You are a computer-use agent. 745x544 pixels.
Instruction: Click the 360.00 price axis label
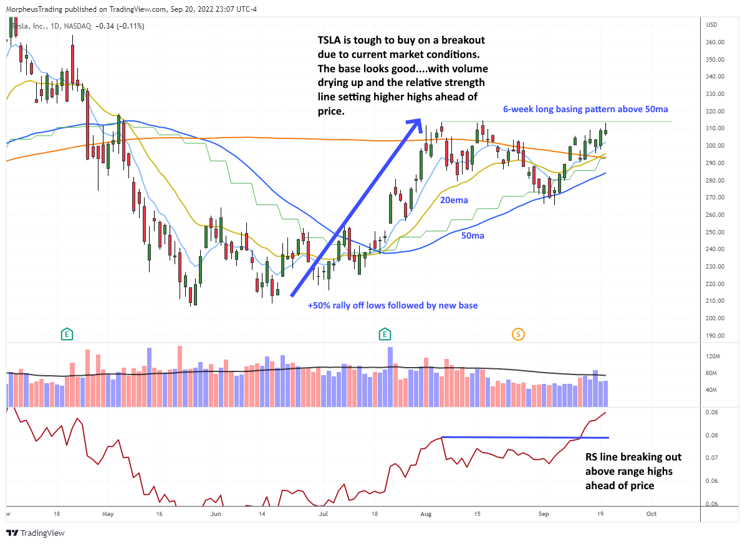[715, 42]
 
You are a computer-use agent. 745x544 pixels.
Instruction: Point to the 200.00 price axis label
[715, 318]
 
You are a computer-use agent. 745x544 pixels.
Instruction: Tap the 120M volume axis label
[713, 356]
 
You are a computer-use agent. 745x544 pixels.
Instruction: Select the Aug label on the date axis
[426, 514]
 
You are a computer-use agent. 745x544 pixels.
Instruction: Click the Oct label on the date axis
[651, 514]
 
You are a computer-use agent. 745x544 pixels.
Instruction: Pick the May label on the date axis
[108, 514]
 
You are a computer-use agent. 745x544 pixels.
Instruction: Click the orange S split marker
[518, 335]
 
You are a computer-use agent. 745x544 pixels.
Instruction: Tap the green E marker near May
[66, 335]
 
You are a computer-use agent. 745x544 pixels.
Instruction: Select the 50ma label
[473, 236]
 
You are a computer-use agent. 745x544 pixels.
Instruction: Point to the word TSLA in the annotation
[330, 41]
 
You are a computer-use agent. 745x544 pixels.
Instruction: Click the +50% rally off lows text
[392, 306]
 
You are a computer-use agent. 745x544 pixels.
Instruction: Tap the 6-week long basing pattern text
[586, 108]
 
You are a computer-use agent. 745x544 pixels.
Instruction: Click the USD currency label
[711, 25]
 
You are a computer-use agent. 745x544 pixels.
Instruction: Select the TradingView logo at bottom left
[36, 533]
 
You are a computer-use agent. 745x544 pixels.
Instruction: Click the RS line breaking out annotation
[628, 470]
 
